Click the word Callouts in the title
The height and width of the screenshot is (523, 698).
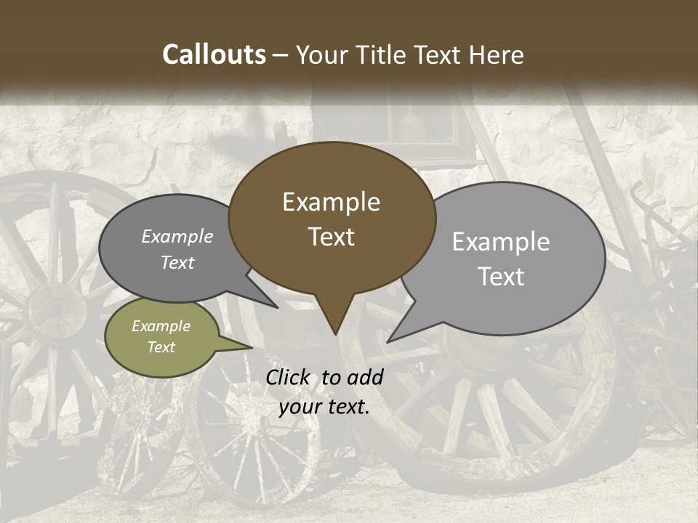[x=214, y=54]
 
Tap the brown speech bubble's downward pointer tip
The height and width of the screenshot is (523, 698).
[x=335, y=333]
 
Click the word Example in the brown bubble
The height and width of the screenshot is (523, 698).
[x=331, y=202]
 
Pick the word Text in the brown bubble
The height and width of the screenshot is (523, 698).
[x=331, y=237]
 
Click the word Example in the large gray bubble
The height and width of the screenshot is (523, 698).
[x=500, y=242]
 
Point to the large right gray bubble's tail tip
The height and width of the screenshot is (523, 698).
[x=389, y=341]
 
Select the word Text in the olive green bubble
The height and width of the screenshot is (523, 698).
[x=161, y=347]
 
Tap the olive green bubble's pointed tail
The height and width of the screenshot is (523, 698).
[x=251, y=348]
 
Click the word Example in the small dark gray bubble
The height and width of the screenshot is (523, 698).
[x=177, y=237]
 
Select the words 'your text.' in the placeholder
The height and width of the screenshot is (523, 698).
[x=324, y=407]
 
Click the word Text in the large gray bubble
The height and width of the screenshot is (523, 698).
[x=501, y=277]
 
